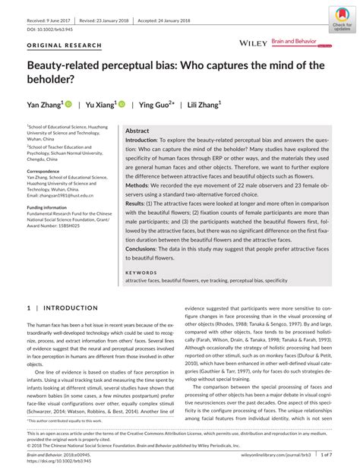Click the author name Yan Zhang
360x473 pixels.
click(x=45, y=103)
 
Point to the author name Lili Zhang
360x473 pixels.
click(x=201, y=103)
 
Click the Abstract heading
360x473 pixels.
click(x=137, y=131)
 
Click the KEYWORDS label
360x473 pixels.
click(x=141, y=271)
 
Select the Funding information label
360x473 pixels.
click(x=49, y=207)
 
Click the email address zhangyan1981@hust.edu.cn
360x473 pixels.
click(x=61, y=195)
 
